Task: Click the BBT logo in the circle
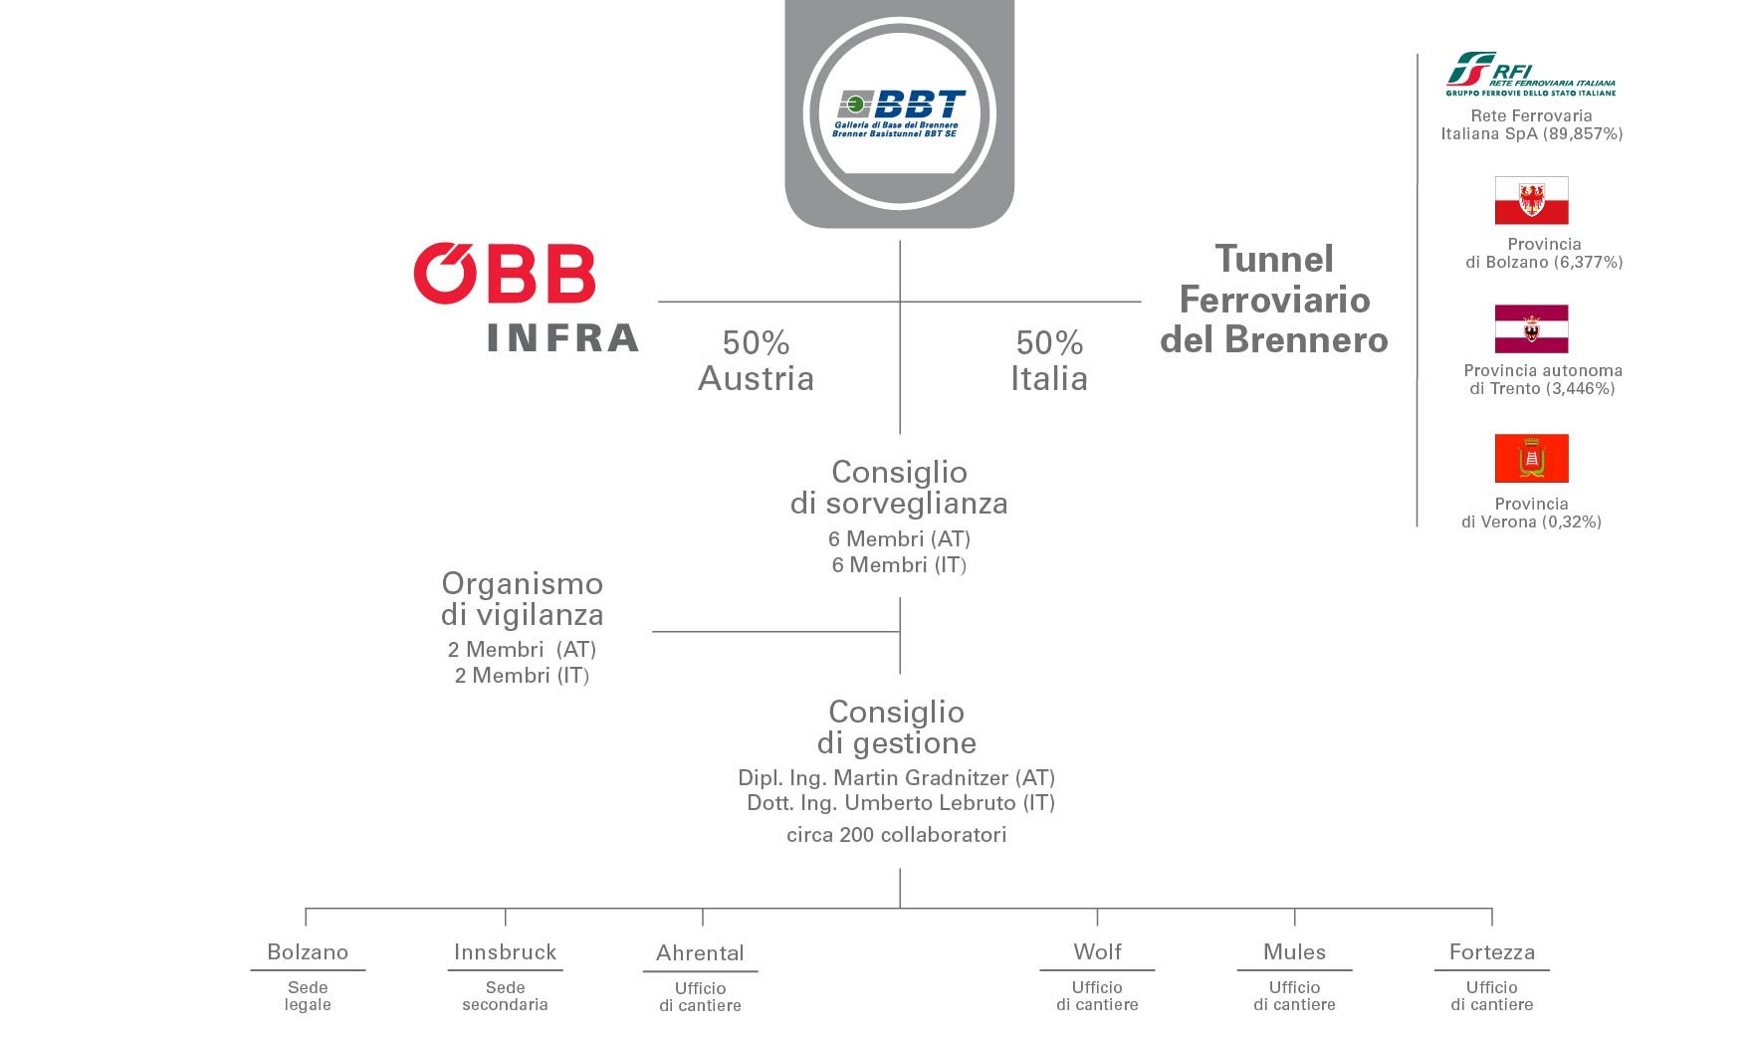[x=900, y=113]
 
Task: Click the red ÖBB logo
[x=505, y=274]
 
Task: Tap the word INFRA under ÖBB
[x=563, y=338]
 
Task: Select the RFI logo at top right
[x=1530, y=75]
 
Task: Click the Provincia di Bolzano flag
[x=1531, y=201]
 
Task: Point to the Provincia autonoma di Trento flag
[x=1531, y=329]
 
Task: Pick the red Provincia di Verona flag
[x=1531, y=458]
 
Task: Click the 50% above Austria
[x=756, y=343]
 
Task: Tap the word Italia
[x=1048, y=379]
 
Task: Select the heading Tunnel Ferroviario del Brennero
[x=1274, y=300]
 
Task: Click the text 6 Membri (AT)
[x=899, y=539]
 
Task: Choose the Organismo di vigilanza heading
[x=523, y=598]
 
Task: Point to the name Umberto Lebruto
[x=930, y=803]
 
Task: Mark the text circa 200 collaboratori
[x=896, y=835]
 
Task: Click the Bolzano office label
[x=308, y=952]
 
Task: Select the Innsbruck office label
[x=505, y=952]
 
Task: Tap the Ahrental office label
[x=700, y=953]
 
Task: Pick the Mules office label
[x=1294, y=952]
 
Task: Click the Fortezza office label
[x=1491, y=952]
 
